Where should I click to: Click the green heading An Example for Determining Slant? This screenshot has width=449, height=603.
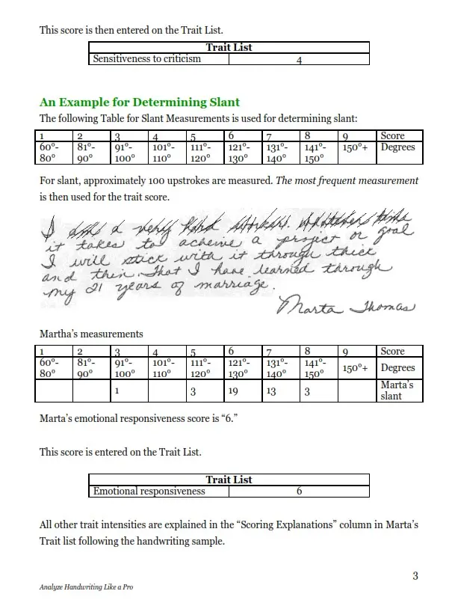click(x=140, y=102)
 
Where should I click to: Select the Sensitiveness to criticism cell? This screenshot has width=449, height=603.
click(x=147, y=58)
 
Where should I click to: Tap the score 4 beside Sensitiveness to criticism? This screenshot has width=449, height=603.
click(x=299, y=60)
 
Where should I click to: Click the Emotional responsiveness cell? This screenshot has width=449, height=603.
click(x=149, y=492)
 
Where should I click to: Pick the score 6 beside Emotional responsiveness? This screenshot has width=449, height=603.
click(x=299, y=492)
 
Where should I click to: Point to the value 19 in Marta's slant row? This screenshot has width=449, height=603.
click(x=232, y=391)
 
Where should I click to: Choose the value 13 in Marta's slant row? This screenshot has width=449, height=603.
click(x=273, y=391)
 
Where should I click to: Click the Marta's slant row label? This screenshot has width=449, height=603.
click(x=396, y=390)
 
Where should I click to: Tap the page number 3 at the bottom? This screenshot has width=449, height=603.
click(x=415, y=575)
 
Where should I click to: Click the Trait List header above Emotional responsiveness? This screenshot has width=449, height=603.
click(x=229, y=480)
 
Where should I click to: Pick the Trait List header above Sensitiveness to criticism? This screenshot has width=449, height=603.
click(x=229, y=47)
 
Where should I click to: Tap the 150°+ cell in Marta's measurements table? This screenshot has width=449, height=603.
click(x=355, y=367)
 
